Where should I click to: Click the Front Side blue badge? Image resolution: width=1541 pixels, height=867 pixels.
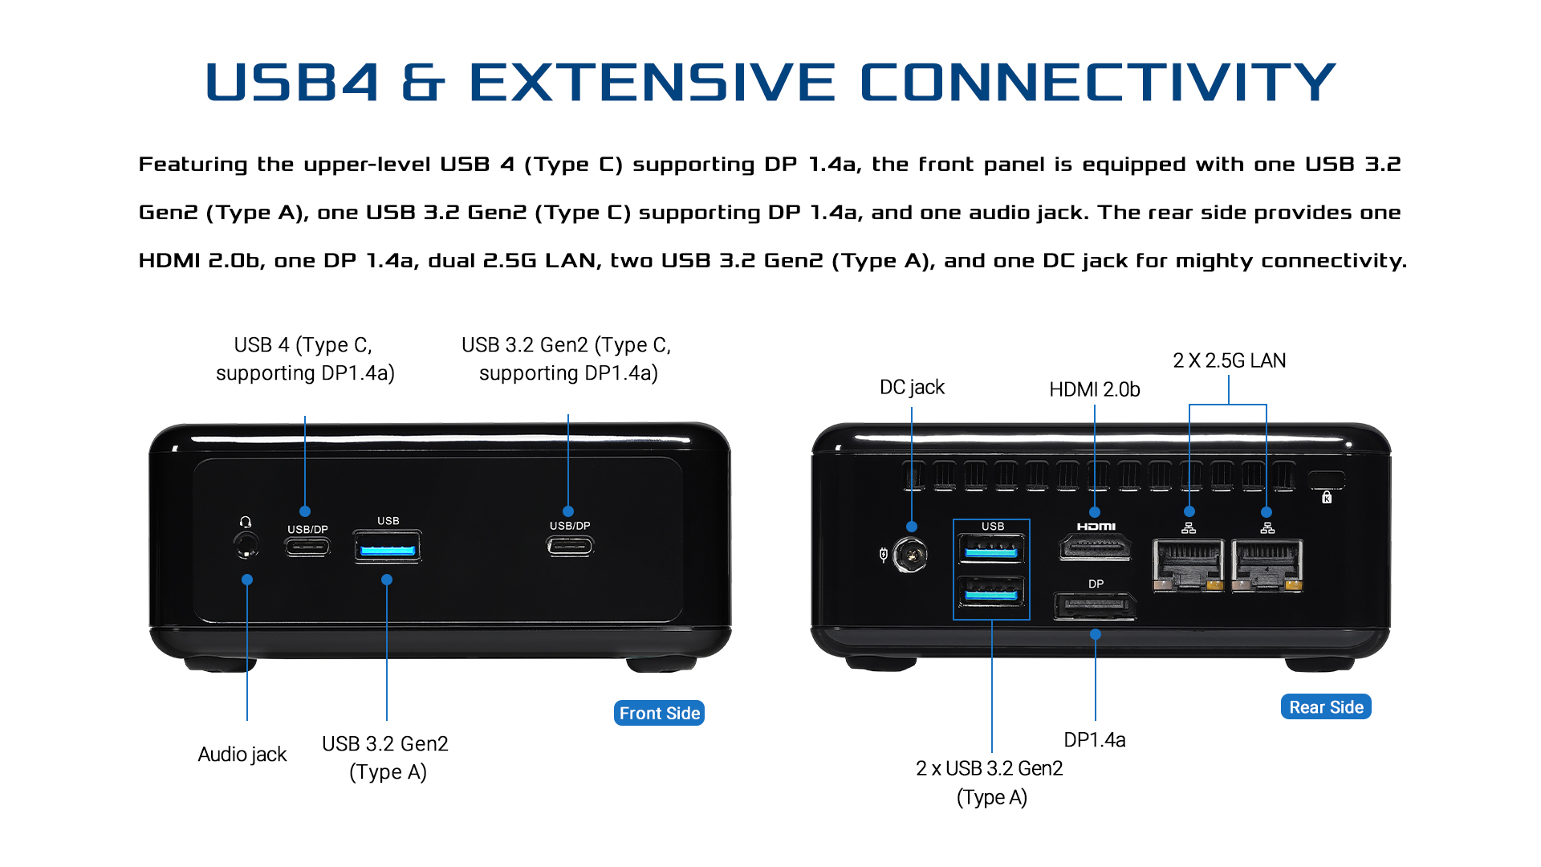tap(659, 713)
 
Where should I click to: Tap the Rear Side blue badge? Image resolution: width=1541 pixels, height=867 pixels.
tap(1326, 707)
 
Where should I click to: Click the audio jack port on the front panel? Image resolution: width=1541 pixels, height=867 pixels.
tap(246, 546)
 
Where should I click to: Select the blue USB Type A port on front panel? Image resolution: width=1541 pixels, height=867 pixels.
tap(388, 550)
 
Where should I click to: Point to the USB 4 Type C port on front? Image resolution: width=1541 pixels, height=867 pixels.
tap(307, 547)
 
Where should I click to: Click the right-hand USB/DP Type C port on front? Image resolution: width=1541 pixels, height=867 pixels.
tap(570, 547)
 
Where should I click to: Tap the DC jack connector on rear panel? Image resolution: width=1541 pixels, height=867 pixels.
tap(910, 554)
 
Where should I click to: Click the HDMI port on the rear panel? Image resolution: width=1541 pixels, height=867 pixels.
tap(1096, 548)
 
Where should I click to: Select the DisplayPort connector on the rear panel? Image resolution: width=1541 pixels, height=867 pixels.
tap(1095, 606)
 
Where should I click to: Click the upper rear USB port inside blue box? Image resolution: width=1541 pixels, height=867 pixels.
tap(991, 551)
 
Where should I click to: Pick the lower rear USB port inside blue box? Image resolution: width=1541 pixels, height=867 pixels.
tap(991, 592)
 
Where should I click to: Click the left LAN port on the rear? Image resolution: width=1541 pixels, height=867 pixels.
tap(1188, 565)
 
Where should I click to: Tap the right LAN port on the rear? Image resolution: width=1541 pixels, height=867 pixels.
tap(1267, 565)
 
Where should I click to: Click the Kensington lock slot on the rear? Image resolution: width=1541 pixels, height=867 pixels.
tap(1326, 481)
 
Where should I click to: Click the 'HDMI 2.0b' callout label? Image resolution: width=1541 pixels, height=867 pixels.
tap(1094, 389)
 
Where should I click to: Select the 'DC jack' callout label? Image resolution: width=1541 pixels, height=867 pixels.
tap(912, 387)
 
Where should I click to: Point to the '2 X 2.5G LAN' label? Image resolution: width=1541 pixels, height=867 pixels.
tap(1229, 360)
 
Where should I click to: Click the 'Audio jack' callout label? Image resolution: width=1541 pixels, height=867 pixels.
tap(242, 755)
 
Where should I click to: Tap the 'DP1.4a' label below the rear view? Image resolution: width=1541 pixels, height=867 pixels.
tap(1094, 739)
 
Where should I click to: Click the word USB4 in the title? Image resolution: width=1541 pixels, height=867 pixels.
tap(292, 82)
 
